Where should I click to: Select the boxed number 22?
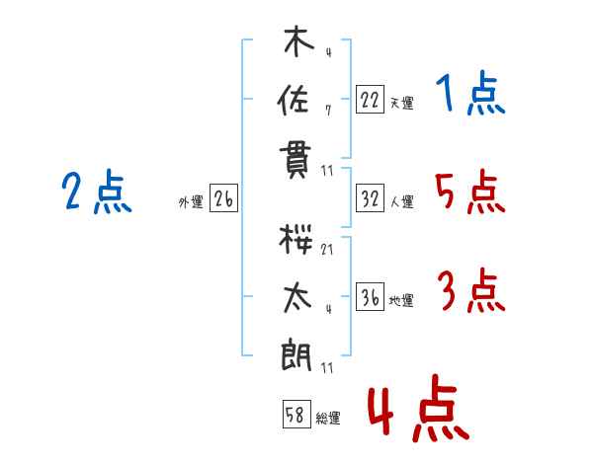pyautogui.click(x=370, y=100)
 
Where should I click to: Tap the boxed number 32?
pyautogui.click(x=370, y=200)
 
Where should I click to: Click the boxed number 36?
pyautogui.click(x=370, y=297)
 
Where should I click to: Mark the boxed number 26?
pyautogui.click(x=223, y=200)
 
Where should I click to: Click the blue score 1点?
pyautogui.click(x=470, y=96)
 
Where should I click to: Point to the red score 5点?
pyautogui.click(x=470, y=193)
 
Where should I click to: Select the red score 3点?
pyautogui.click(x=470, y=291)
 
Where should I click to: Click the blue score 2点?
pyautogui.click(x=97, y=193)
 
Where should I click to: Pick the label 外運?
pyautogui.click(x=191, y=202)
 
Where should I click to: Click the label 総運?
pyautogui.click(x=328, y=419)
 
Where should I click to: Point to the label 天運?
pyautogui.click(x=401, y=103)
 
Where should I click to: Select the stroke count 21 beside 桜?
pyautogui.click(x=327, y=250)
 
